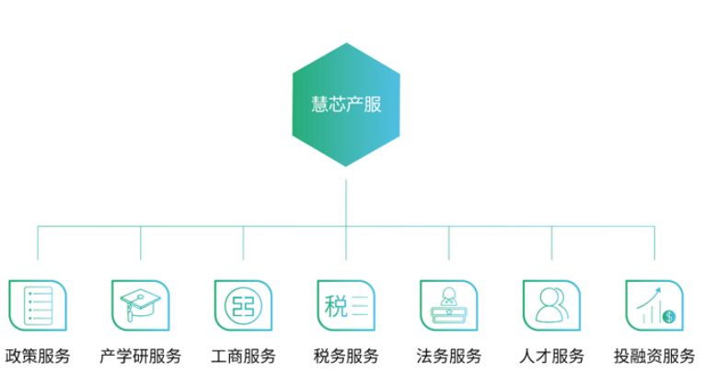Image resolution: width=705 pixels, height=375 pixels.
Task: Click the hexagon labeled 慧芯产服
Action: coord(346,104)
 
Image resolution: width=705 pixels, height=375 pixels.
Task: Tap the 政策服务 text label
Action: coord(38,356)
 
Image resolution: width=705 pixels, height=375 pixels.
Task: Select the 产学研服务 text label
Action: coord(140,356)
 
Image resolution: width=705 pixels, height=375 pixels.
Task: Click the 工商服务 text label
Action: coord(243,356)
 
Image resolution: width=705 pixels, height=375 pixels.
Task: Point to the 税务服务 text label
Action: coord(346,356)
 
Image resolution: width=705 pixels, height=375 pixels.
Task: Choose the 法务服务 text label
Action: coord(449,356)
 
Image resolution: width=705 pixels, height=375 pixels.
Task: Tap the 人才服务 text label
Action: coord(551,356)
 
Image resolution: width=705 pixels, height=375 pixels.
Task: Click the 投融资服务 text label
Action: coord(654,356)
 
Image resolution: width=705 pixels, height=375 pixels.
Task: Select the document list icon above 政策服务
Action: coord(38,306)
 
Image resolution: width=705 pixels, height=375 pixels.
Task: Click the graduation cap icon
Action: coord(140,306)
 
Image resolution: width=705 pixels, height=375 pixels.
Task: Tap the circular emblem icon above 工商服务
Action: coord(243,306)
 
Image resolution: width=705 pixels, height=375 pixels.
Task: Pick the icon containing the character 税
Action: coord(346,306)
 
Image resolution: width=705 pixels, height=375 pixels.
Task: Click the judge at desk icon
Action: coord(449,306)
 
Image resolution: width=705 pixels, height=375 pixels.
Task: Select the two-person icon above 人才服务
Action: coord(551,306)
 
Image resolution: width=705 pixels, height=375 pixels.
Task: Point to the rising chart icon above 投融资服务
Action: coord(654,306)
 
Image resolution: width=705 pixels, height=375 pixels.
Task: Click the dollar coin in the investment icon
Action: coord(669,317)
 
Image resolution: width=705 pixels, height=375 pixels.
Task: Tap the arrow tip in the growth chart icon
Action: coord(660,288)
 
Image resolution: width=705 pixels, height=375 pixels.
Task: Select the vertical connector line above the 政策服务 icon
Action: coord(38,243)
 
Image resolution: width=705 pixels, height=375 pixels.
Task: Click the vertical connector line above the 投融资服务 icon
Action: coord(654,243)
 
